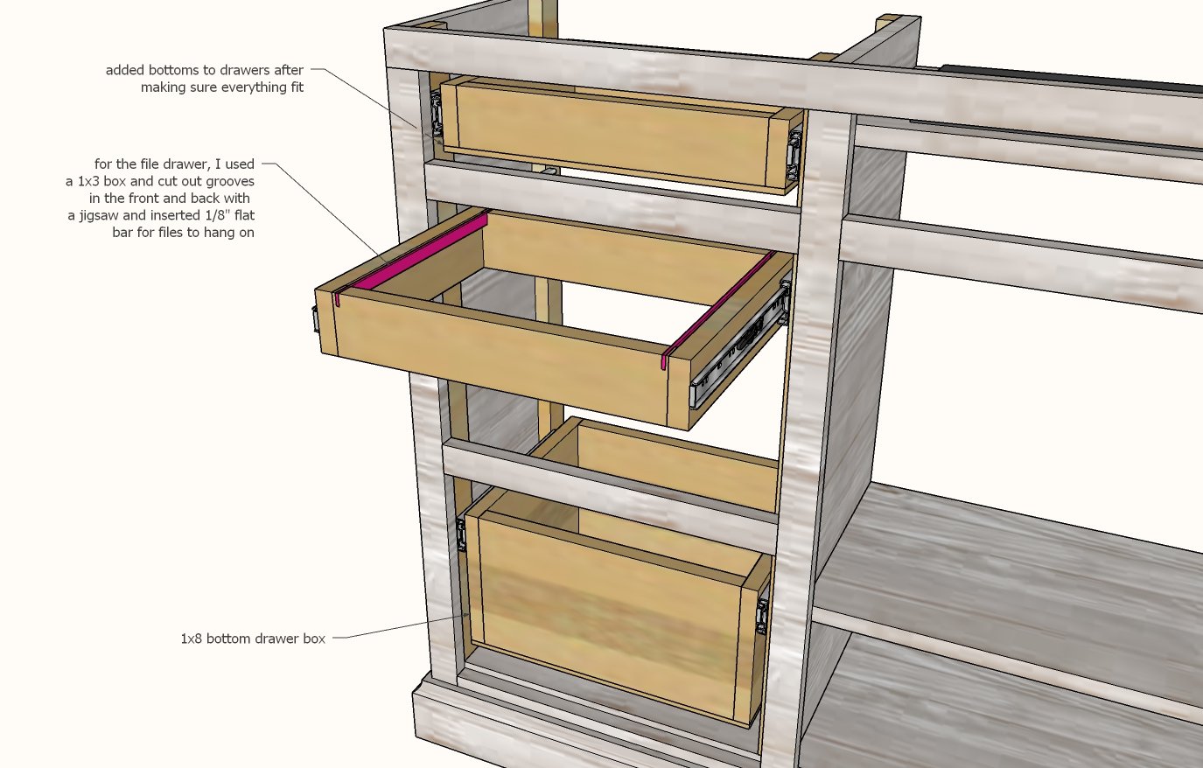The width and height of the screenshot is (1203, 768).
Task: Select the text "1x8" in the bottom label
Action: click(x=192, y=639)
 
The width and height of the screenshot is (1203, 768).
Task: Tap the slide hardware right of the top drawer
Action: click(x=794, y=153)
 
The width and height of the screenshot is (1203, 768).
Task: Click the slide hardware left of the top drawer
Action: click(x=436, y=114)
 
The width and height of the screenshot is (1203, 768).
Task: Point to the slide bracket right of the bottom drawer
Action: click(x=761, y=616)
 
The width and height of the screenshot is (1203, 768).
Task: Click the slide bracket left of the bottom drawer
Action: click(x=460, y=535)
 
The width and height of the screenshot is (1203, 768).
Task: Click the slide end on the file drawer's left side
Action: click(x=315, y=319)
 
